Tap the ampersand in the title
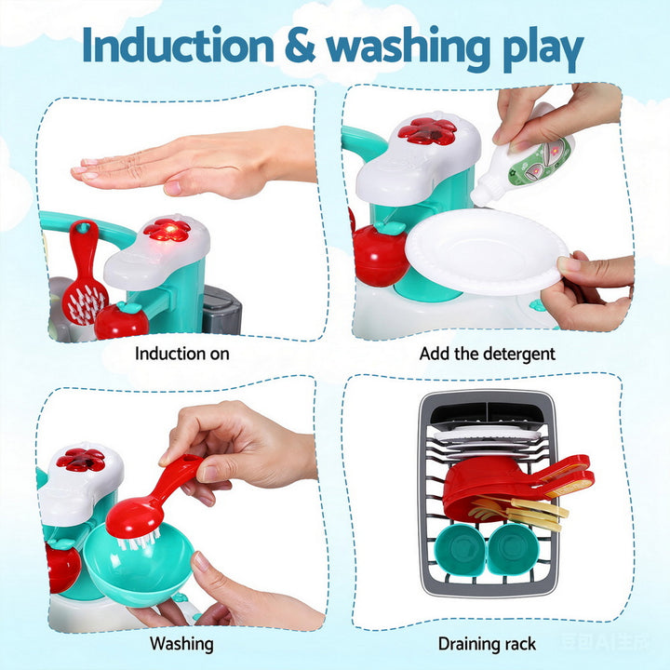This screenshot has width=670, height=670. click(x=301, y=47)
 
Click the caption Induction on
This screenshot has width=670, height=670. click(x=182, y=354)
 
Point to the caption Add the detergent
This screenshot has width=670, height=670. click(x=487, y=354)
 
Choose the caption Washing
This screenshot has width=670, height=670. click(x=182, y=643)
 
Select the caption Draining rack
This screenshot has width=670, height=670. click(x=487, y=643)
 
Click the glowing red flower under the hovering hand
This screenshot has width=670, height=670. click(x=167, y=230)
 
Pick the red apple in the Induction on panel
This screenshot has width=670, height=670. click(x=121, y=320)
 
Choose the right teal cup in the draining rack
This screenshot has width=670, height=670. click(x=512, y=548)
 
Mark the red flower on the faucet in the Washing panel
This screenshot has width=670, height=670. click(x=80, y=459)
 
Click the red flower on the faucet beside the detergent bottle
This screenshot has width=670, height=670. click(x=427, y=131)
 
